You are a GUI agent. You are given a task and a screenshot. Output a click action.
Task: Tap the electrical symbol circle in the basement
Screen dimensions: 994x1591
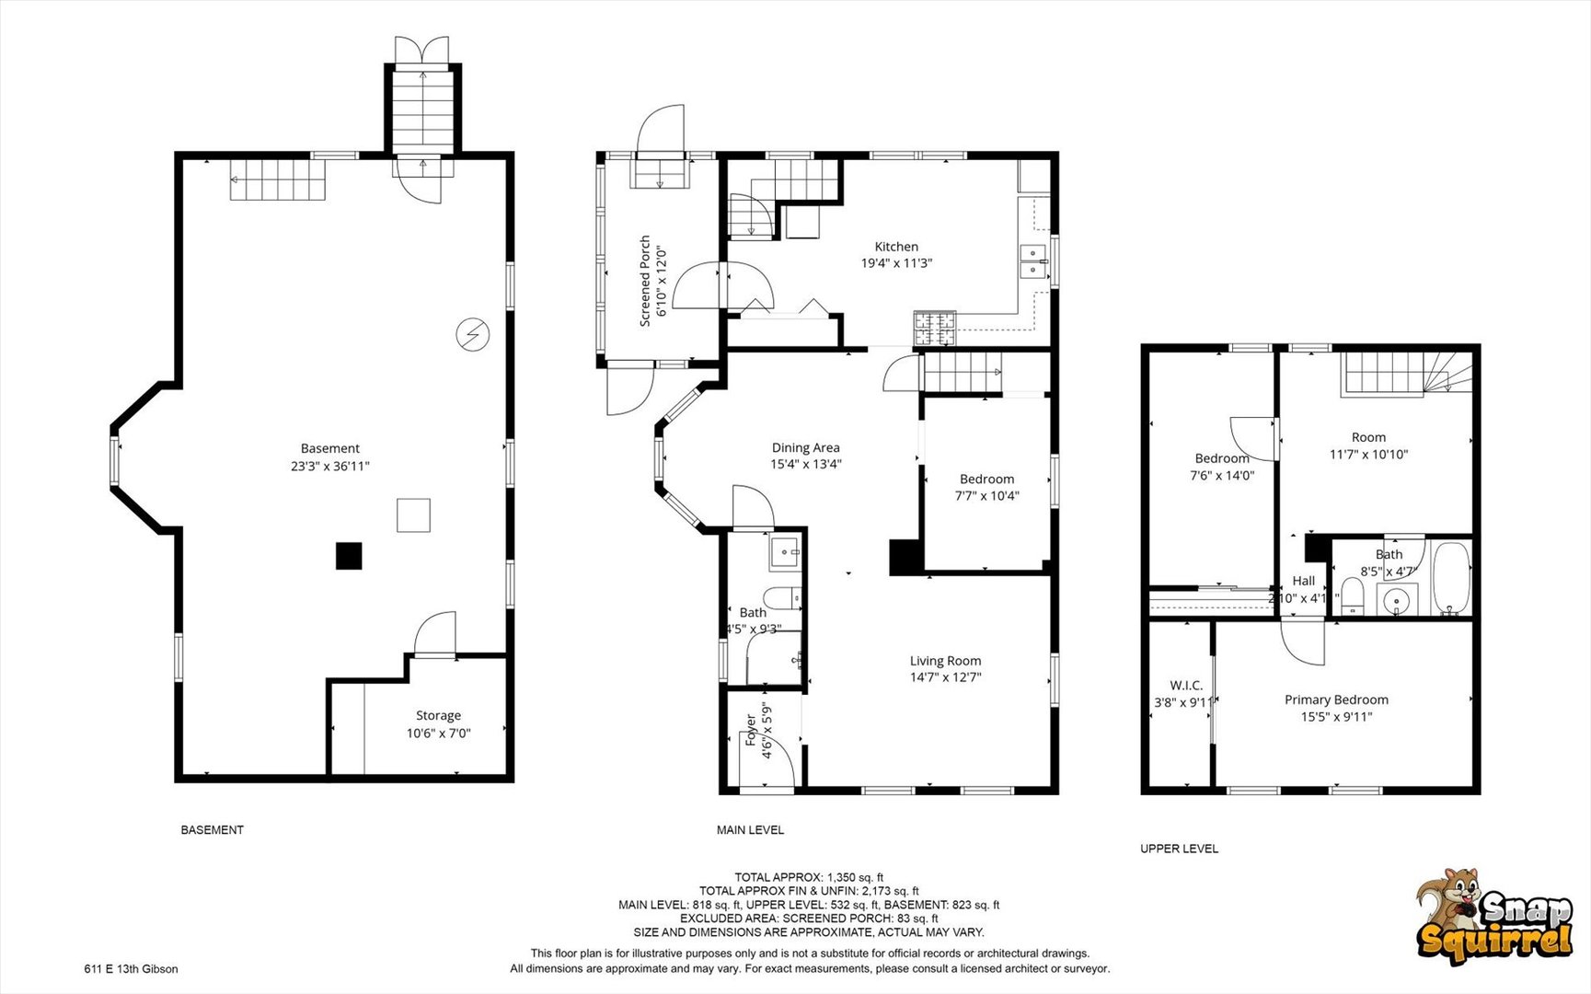473,334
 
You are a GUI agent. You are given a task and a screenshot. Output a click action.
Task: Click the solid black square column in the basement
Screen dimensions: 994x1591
349,556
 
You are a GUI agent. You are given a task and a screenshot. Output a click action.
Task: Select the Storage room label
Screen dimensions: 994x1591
438,715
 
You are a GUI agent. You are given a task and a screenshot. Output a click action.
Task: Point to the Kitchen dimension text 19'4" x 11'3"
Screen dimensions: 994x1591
896,263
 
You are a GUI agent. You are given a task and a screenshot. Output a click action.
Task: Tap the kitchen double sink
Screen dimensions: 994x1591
1035,260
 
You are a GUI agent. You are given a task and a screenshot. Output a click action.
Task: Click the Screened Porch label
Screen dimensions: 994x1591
645,281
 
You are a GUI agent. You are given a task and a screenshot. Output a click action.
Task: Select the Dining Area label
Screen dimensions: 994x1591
805,447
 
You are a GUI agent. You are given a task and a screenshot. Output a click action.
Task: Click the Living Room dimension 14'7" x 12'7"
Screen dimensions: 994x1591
945,677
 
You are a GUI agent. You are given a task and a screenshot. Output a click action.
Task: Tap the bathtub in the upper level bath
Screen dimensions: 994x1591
1452,578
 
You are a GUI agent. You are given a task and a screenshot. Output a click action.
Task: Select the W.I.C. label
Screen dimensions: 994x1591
1185,686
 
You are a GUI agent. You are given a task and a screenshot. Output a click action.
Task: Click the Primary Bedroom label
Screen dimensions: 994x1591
1336,699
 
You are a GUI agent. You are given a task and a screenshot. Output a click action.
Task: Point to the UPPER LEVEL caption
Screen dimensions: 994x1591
1179,849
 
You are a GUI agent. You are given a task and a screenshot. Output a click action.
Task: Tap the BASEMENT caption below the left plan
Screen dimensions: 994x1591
212,830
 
